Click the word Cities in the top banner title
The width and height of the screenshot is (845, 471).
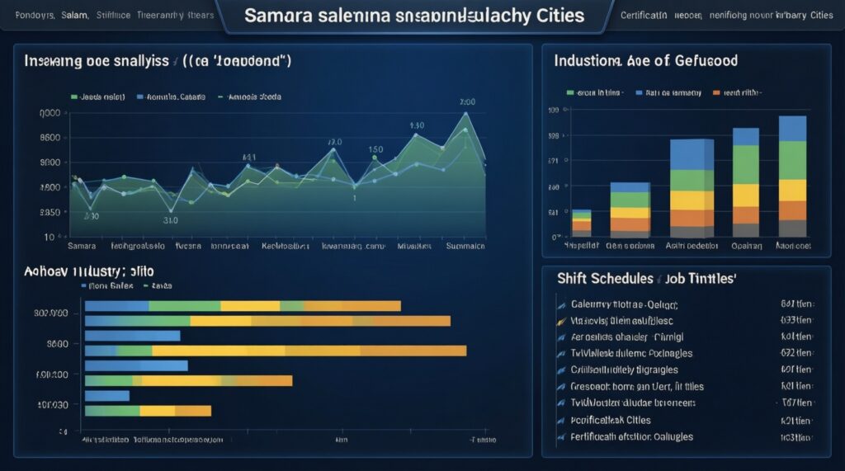[x=557, y=16]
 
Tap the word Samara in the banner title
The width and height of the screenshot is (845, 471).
[x=280, y=16]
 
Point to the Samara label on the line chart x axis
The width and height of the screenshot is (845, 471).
[x=81, y=246]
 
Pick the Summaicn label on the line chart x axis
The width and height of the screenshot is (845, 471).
[x=465, y=246]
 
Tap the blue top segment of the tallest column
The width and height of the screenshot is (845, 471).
[x=792, y=129]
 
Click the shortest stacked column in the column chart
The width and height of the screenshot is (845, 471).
[x=582, y=223]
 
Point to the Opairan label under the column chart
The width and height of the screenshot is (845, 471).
[x=746, y=246]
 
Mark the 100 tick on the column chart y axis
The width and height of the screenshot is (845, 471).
[x=554, y=110]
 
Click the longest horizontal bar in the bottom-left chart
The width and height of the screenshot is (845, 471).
[x=276, y=351]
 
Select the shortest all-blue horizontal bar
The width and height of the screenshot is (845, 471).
[x=107, y=396]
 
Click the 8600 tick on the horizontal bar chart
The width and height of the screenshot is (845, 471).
[x=57, y=344]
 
